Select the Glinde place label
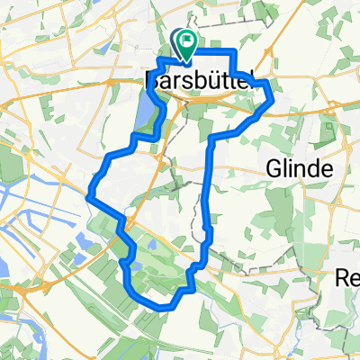pyautogui.click(x=301, y=168)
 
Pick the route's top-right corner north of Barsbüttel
pyautogui.click(x=232, y=51)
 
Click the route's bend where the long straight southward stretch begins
pyautogui.click(x=211, y=139)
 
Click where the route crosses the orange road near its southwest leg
pyautogui.click(x=125, y=220)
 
